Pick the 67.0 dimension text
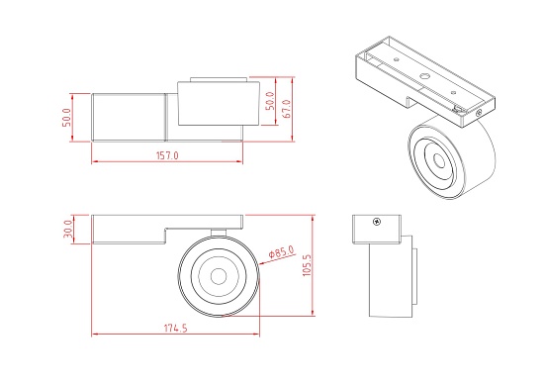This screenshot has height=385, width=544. (287, 104)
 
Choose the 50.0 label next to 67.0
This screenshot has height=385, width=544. (269, 104)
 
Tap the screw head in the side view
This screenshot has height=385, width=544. (376, 222)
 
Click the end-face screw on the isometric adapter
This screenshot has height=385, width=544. (480, 113)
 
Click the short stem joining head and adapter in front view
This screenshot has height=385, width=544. (219, 233)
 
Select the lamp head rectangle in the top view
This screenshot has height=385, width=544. (212, 105)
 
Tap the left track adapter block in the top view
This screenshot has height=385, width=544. (129, 116)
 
